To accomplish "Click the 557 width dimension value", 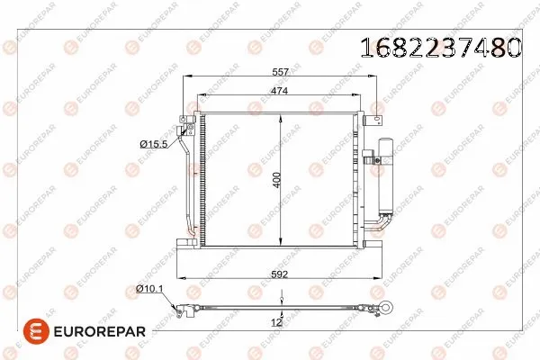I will pos(281,73).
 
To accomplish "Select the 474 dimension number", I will pos(281,90).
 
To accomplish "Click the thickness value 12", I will pos(277,321).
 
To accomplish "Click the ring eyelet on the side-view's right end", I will pos(387,309).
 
